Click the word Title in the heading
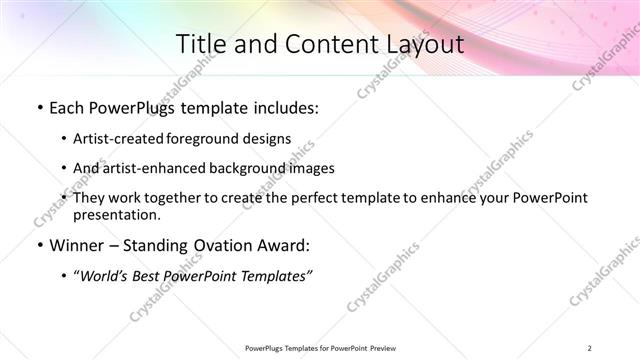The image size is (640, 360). pyautogui.click(x=200, y=44)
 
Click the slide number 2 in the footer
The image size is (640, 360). pyautogui.click(x=590, y=348)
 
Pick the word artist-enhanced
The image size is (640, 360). pyautogui.click(x=149, y=168)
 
